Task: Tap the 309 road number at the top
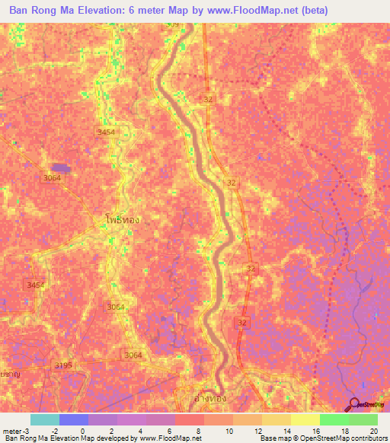(x=173, y=25)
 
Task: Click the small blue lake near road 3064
(x=60, y=169)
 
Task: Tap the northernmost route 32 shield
(x=209, y=99)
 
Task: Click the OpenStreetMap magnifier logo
(x=355, y=404)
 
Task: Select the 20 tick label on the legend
(x=373, y=430)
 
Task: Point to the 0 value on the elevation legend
(x=82, y=430)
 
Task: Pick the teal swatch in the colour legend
(x=45, y=419)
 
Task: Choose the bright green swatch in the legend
(x=334, y=419)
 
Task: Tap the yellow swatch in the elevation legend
(x=305, y=419)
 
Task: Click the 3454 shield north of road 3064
(x=107, y=132)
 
